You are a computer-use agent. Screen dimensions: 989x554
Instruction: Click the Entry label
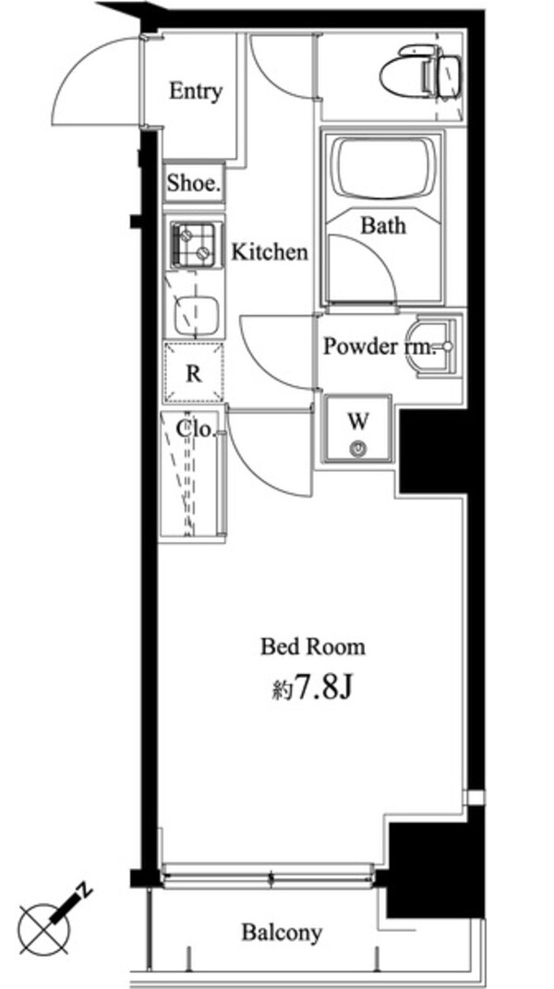point(196,91)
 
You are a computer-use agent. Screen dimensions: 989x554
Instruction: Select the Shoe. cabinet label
point(194,183)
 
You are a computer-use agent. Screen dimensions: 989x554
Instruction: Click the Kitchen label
point(269,252)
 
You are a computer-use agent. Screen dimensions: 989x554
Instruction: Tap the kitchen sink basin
point(196,314)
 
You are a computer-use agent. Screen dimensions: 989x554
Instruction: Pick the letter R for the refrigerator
point(194,374)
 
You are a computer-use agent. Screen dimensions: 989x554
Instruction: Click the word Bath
point(382,224)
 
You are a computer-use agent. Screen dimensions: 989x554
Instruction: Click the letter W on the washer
point(358,421)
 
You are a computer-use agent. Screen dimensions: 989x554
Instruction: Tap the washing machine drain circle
point(358,449)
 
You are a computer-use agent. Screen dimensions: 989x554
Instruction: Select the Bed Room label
point(312,646)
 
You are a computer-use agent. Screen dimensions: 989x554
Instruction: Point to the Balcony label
point(282,933)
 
